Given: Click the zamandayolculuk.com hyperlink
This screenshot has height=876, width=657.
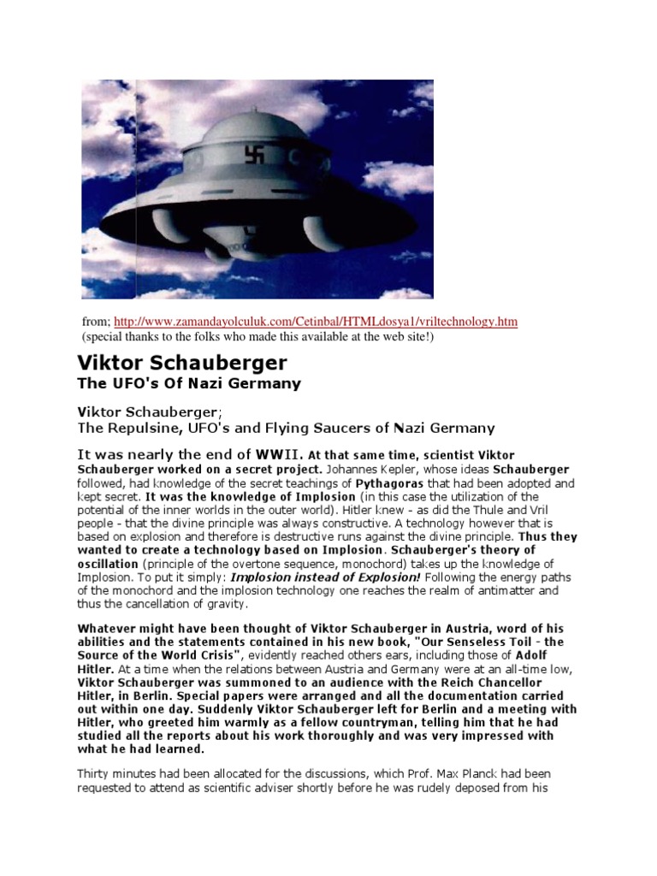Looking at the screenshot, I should (316, 321).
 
